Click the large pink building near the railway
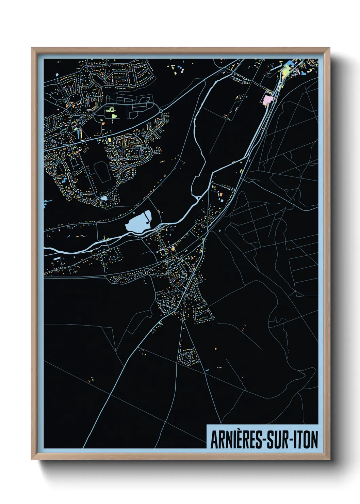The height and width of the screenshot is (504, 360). (267, 99)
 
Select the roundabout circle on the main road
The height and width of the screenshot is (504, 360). (161, 111)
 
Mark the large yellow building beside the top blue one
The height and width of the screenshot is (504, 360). (285, 71)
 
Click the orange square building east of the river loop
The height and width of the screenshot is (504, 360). (220, 194)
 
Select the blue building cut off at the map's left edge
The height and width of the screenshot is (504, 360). (45, 204)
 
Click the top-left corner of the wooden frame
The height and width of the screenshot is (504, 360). (32, 48)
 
